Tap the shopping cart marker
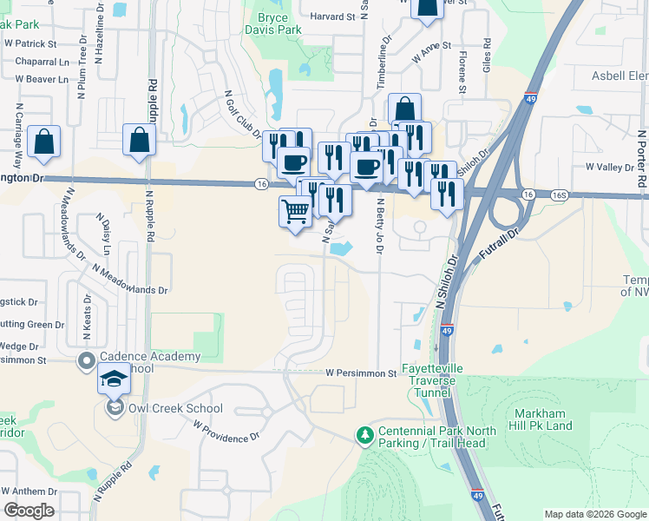coord(295,211)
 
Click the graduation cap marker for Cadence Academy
coord(114,379)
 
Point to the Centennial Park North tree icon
coord(366,433)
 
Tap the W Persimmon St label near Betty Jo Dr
coord(361,373)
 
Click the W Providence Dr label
coord(226,432)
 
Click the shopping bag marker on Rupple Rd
coord(139,142)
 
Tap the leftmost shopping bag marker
coord(43,143)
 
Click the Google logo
coord(29,511)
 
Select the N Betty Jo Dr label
coord(379,227)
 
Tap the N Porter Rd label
coord(641,160)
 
